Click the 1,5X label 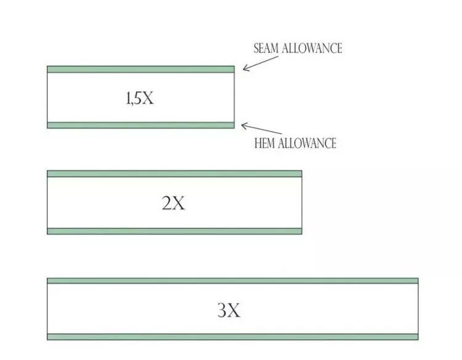point(140,98)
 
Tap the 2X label point(173,203)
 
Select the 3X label point(229,310)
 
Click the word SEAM point(267,49)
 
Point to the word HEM point(265,144)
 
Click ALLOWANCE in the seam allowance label point(312,49)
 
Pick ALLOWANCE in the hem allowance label point(307,144)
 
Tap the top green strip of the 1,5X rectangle point(140,69)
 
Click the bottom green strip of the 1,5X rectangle point(140,125)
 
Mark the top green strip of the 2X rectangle point(174,174)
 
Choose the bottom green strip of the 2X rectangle point(174,231)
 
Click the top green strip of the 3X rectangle point(232,281)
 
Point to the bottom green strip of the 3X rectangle point(232,337)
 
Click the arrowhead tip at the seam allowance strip point(243,70)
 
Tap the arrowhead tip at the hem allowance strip point(241,125)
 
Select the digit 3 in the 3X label point(222,310)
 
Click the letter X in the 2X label point(179,203)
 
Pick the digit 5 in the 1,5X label point(137,98)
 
